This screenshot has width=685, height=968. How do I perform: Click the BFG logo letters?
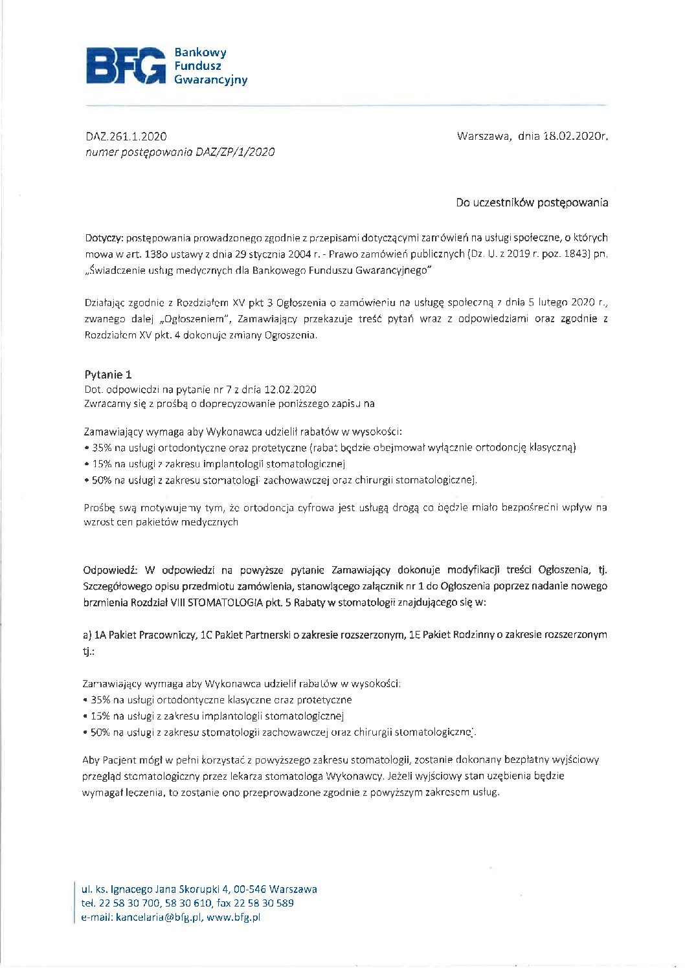point(126,66)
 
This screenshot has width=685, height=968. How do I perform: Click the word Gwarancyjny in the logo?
point(210,80)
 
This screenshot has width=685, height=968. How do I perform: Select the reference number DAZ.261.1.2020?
point(126,137)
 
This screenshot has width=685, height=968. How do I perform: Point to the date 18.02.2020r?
point(576,137)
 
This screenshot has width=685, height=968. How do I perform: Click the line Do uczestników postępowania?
point(532,203)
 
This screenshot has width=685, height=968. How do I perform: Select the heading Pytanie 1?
point(108,375)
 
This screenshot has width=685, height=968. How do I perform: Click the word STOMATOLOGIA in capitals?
point(225,602)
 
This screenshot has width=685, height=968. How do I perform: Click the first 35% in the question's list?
point(102,448)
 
